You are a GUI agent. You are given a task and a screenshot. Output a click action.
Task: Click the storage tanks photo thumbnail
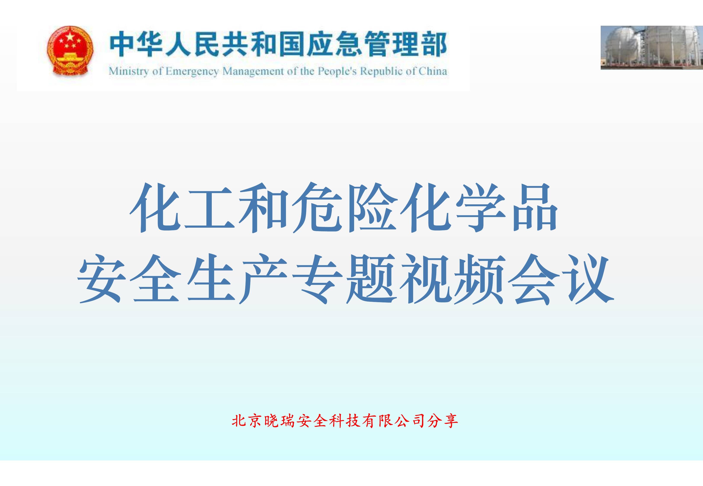[x=652, y=48]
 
